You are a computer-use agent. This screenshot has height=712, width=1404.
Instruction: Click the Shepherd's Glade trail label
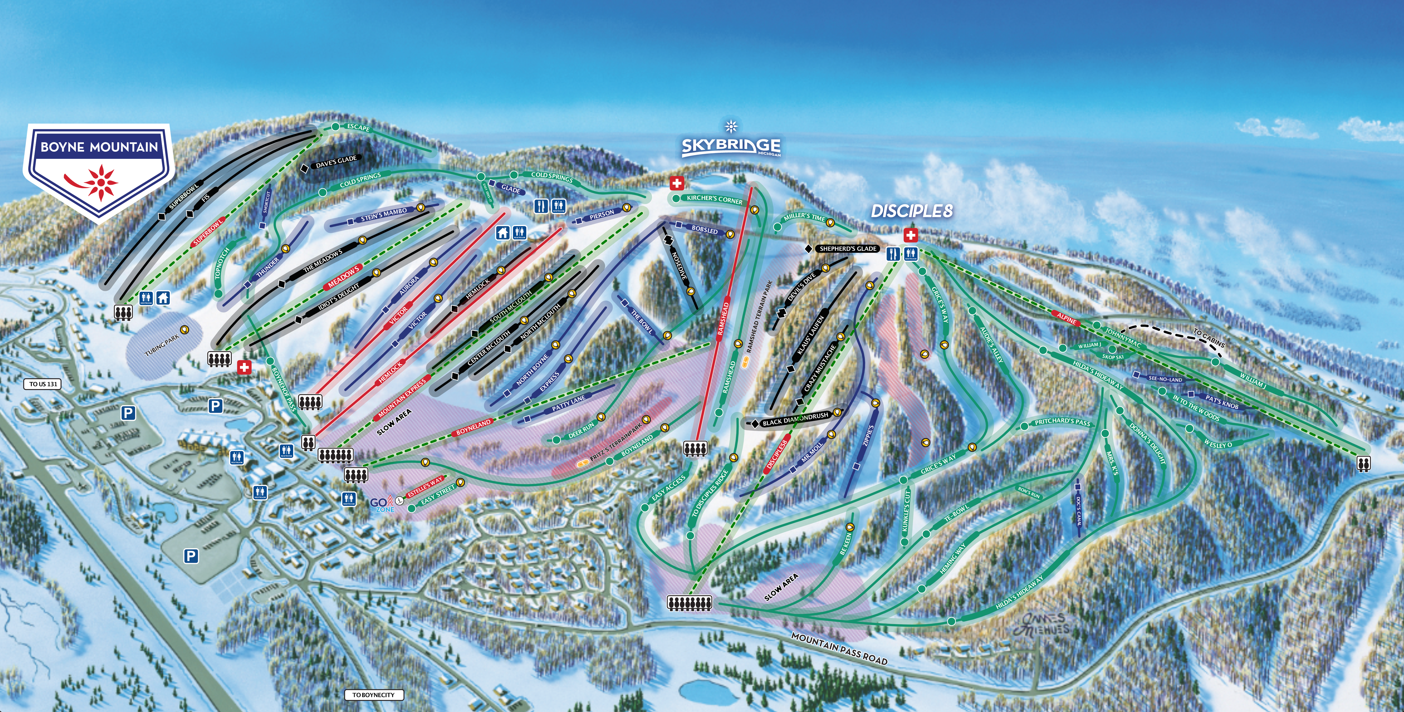pyautogui.click(x=848, y=248)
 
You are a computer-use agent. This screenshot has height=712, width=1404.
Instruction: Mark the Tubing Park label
pyautogui.click(x=162, y=345)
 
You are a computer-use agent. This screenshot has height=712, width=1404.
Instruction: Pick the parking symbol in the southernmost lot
pyautogui.click(x=191, y=556)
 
